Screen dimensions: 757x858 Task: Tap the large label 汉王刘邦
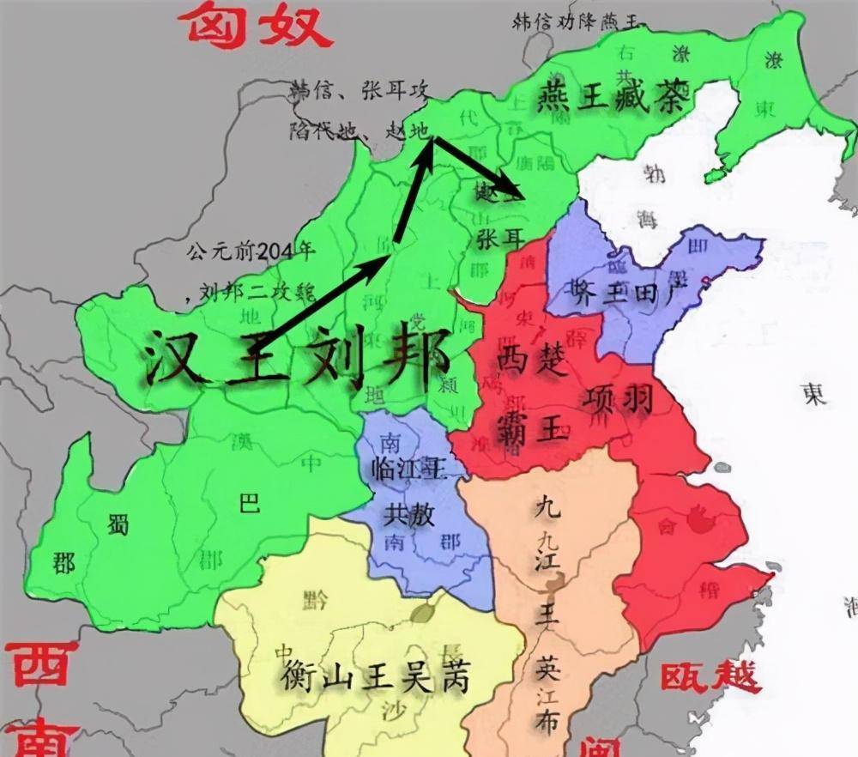pos(296,356)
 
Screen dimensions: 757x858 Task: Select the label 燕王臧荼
pos(612,100)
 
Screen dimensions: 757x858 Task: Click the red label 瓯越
pos(710,676)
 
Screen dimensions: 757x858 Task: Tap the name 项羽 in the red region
pos(619,398)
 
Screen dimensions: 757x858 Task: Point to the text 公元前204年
pos(251,251)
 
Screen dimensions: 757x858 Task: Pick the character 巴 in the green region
pos(249,504)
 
